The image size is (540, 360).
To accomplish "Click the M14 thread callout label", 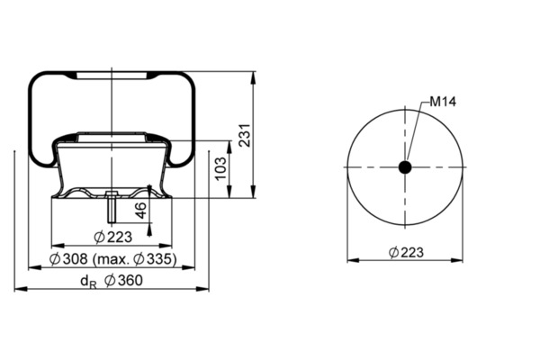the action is tap(443, 102).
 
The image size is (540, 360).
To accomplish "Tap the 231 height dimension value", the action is tap(244, 135).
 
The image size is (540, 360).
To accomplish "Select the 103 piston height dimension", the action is tap(221, 168).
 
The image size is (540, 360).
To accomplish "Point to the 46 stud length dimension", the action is tap(140, 211).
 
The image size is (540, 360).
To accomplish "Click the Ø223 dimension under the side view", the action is tap(113, 237).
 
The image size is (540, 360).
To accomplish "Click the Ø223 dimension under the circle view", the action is tap(406, 253).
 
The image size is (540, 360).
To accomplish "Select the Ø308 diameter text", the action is tap(68, 258).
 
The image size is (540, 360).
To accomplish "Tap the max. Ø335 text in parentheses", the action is tap(135, 259).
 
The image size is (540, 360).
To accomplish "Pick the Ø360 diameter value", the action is tap(123, 281).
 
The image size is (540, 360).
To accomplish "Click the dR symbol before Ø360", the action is tap(88, 282).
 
